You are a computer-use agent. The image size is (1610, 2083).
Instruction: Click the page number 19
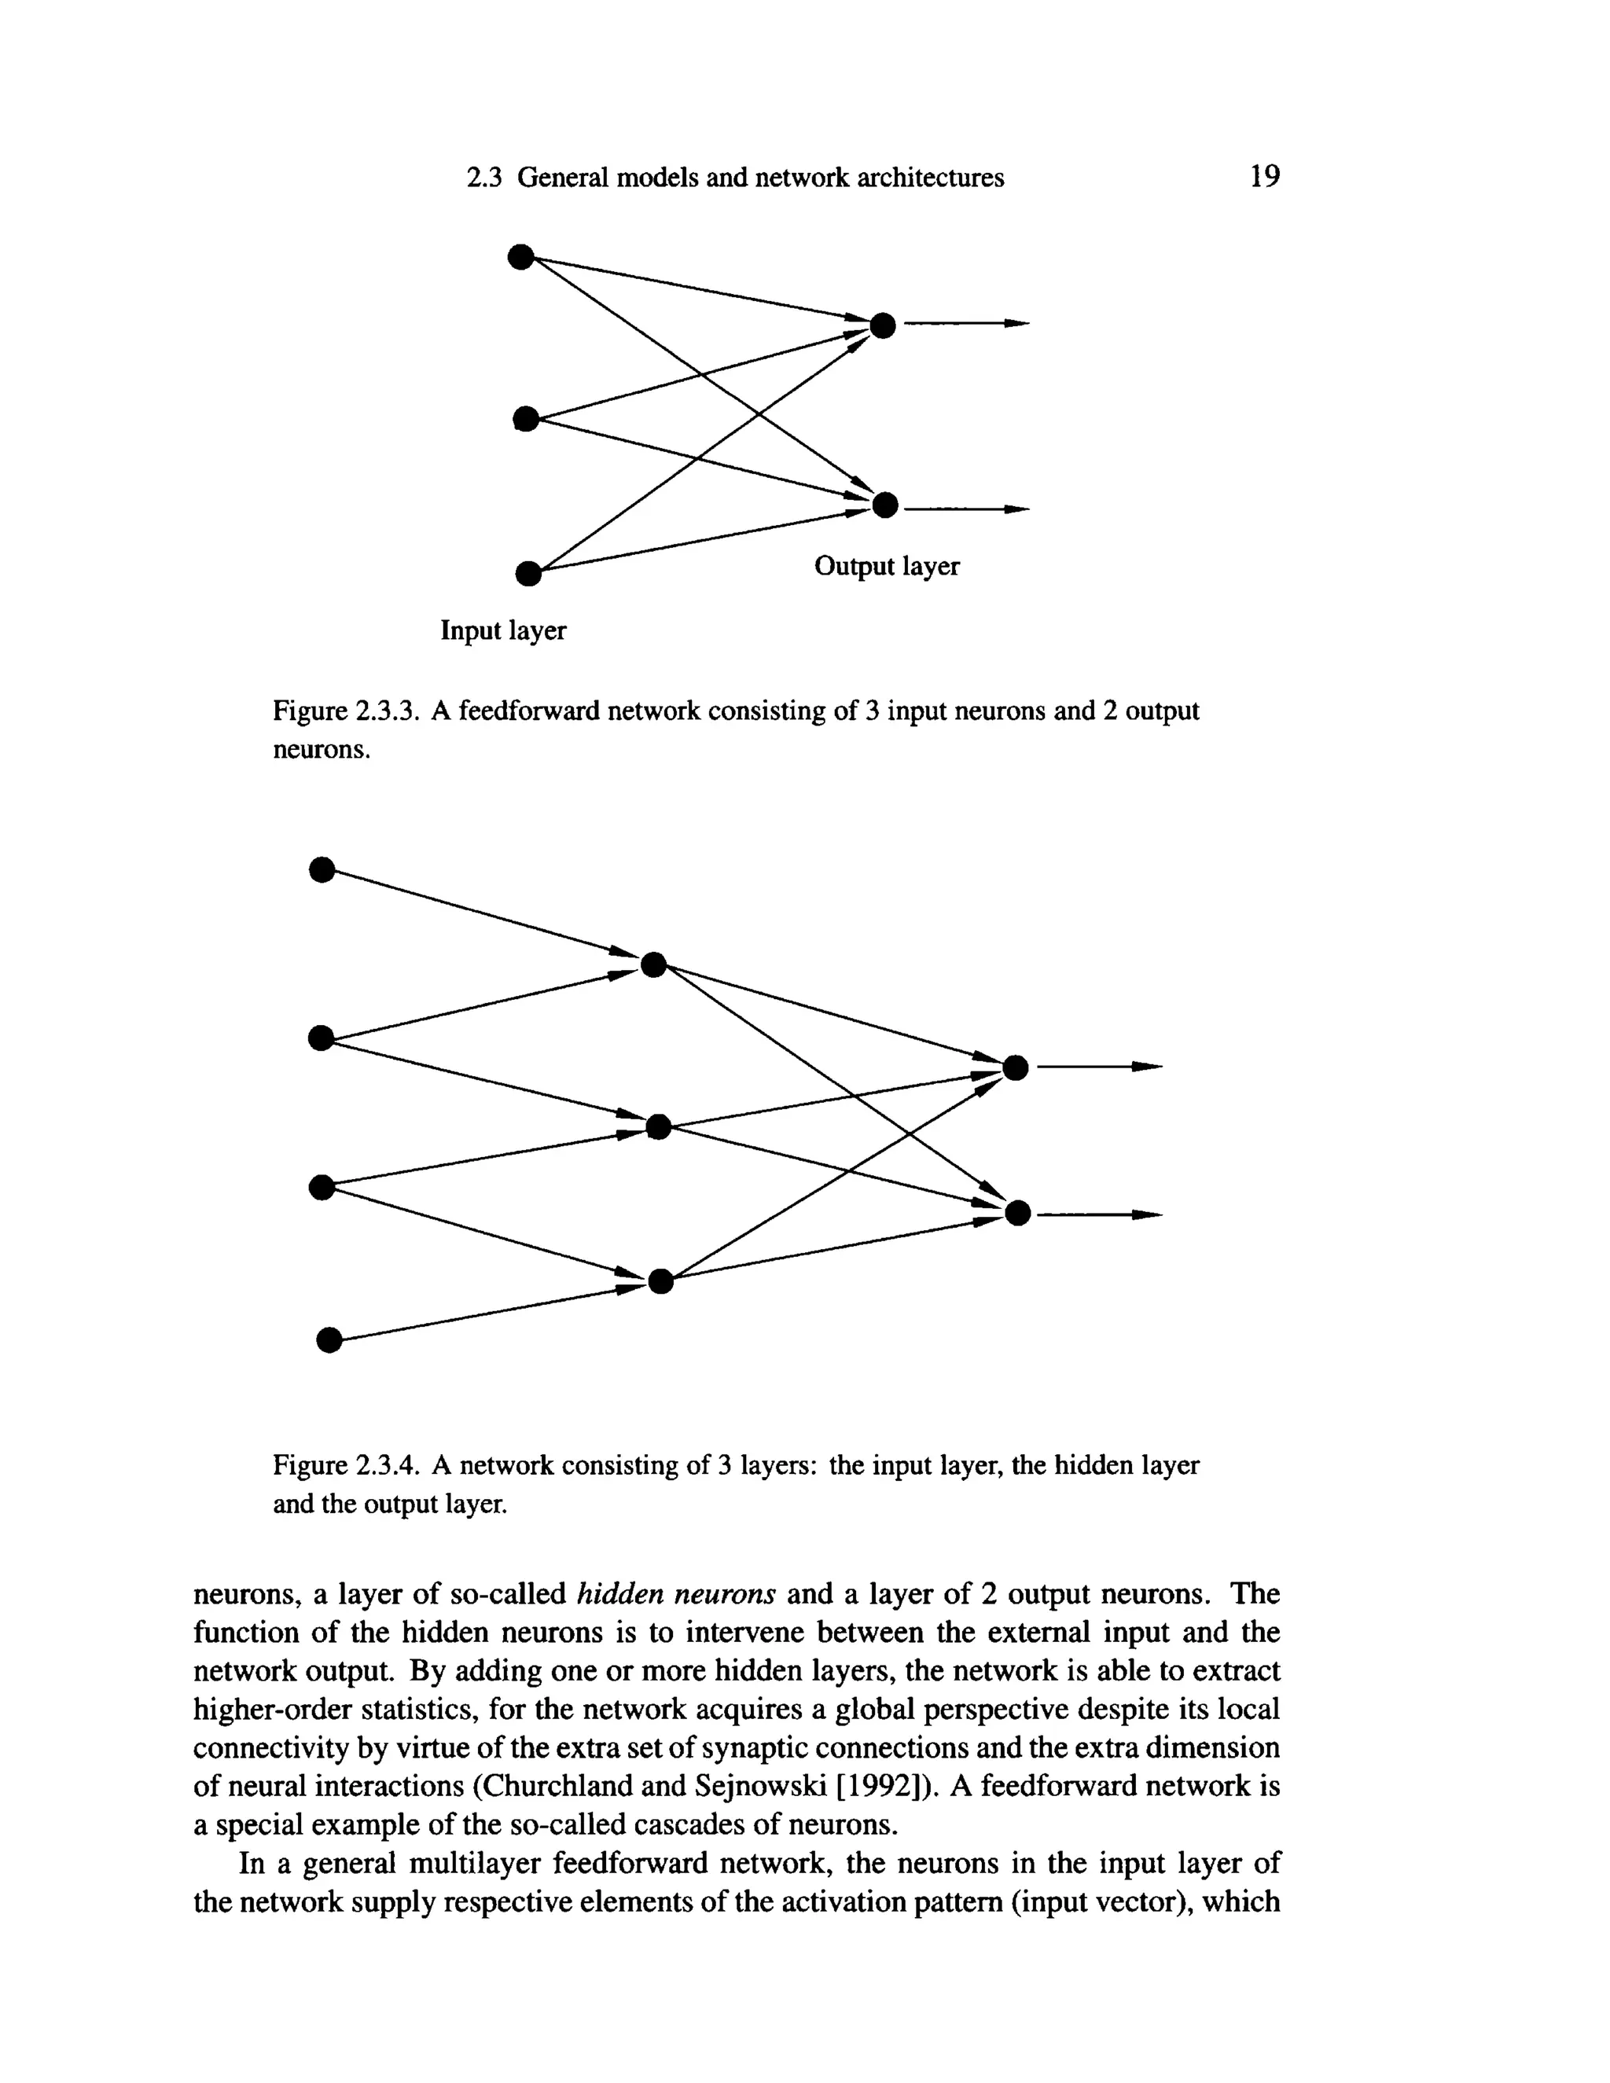click(x=1265, y=176)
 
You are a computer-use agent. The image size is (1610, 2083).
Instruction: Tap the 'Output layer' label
click(x=886, y=567)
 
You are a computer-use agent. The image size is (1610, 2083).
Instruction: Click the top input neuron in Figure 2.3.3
click(x=520, y=256)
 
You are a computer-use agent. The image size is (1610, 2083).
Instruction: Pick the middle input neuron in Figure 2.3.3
click(x=526, y=417)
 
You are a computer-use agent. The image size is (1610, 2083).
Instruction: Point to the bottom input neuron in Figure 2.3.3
click(x=527, y=573)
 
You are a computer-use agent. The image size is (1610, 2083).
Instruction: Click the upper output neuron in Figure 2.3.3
click(x=883, y=326)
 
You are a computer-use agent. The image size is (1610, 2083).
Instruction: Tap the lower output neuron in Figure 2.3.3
click(x=885, y=505)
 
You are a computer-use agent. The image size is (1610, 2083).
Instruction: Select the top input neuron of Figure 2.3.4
click(x=322, y=870)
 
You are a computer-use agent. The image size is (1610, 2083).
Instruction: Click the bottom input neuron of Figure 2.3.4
click(x=328, y=1340)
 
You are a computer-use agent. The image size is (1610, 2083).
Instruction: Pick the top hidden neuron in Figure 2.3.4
click(x=653, y=965)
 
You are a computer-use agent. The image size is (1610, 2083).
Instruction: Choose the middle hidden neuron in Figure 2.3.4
click(x=658, y=1127)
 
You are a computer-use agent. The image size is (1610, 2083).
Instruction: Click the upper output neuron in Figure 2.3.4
click(x=1016, y=1067)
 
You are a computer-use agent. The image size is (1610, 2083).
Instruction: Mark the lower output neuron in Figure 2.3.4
click(x=1018, y=1213)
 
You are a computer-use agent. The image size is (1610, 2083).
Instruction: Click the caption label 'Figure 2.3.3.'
click(x=346, y=711)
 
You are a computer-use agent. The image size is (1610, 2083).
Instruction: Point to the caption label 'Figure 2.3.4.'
click(x=346, y=1465)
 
